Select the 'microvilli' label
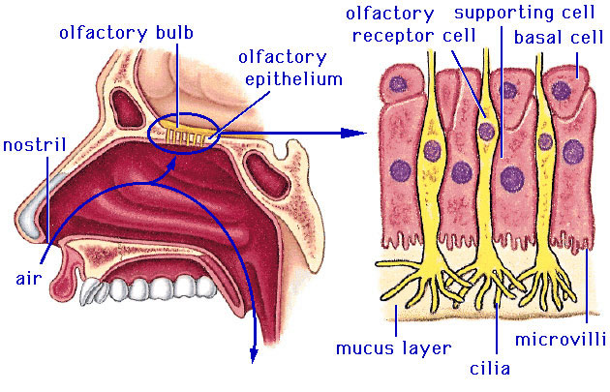pyautogui.click(x=561, y=340)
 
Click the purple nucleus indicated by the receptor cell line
pyautogui.click(x=486, y=131)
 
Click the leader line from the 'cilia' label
pyautogui.click(x=495, y=329)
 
